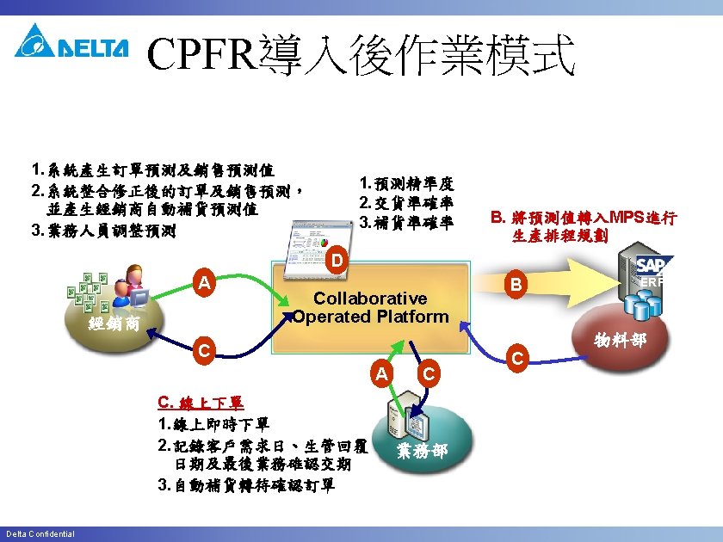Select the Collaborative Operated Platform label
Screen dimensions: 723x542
(370, 307)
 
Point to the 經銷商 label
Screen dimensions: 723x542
(113, 325)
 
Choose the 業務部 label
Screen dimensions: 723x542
(422, 451)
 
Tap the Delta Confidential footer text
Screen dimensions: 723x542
(40, 534)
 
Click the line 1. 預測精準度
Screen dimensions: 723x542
(406, 183)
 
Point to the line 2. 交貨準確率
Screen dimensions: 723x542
(406, 203)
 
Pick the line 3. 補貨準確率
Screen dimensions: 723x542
(406, 223)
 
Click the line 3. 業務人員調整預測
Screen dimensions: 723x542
(103, 231)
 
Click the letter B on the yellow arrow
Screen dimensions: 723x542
(515, 284)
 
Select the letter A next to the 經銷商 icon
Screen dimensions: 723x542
(203, 282)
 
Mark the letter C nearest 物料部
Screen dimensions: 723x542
(517, 356)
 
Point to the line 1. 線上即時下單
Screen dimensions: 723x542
(213, 425)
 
